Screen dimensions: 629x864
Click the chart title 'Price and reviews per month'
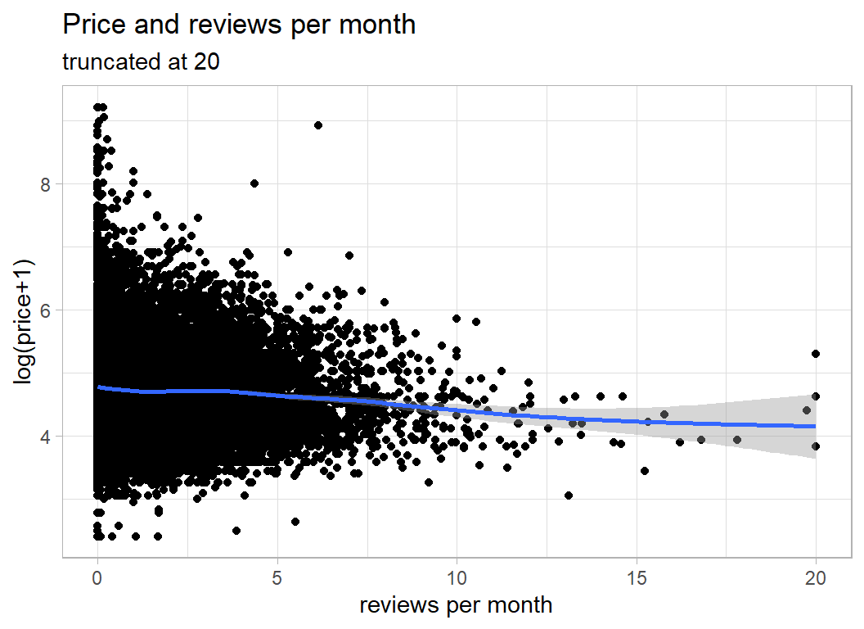click(x=239, y=25)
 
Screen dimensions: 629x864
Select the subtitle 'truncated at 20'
click(x=141, y=62)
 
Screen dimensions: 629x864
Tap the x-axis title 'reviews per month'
click(x=456, y=605)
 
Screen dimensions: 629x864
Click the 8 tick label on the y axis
click(x=46, y=184)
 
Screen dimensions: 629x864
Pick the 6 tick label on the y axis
click(x=46, y=310)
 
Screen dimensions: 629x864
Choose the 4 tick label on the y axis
click(x=46, y=437)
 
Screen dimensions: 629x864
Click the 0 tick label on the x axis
click(x=97, y=577)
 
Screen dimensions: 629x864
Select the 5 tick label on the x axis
click(x=277, y=577)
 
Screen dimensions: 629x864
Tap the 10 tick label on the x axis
click(x=457, y=577)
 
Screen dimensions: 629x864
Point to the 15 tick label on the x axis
click(x=637, y=577)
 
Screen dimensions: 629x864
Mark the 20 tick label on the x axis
click(x=816, y=577)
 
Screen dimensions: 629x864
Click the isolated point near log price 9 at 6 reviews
click(x=318, y=125)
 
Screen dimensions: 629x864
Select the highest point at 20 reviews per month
click(x=815, y=354)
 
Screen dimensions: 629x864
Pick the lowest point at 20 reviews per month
click(x=815, y=446)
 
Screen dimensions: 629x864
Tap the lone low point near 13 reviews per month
click(x=568, y=495)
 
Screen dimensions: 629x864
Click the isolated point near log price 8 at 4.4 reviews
click(x=254, y=183)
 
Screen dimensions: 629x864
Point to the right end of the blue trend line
click(x=815, y=426)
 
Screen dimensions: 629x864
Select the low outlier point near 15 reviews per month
click(x=645, y=471)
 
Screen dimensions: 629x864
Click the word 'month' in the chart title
click(x=379, y=25)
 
